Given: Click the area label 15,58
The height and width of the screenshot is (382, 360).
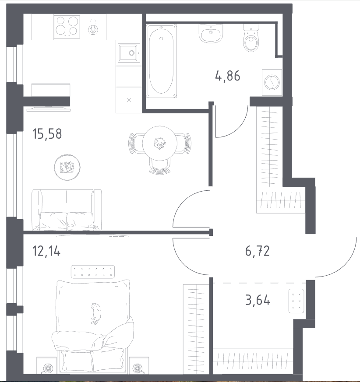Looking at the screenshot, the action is [47, 134].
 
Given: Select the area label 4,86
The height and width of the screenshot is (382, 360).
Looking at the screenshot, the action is [228, 76].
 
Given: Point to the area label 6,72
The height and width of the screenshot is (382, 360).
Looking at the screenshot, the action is [258, 251].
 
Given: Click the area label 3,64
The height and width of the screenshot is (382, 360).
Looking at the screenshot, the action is [258, 300].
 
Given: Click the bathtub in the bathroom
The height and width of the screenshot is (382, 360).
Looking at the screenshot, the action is [161, 61].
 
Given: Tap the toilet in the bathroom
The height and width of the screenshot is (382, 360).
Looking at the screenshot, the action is [251, 38].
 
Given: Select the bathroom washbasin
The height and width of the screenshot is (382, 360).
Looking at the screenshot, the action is [211, 33].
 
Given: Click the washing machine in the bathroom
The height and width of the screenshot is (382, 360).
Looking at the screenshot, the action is [272, 83].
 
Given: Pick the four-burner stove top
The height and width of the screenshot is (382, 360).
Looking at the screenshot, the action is [67, 27].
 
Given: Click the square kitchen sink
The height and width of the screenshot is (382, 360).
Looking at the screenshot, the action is [129, 53].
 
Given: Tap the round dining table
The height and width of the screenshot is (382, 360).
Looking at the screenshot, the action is [160, 143].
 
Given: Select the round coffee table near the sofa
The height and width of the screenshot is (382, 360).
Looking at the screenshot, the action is [67, 167].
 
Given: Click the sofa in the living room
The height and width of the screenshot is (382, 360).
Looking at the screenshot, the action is [67, 210].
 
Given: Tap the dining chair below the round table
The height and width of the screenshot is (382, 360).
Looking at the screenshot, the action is [160, 167].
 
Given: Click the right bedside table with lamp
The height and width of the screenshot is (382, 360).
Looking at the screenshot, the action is [139, 365].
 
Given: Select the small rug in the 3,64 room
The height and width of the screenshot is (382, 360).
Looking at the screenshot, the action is [296, 301].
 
